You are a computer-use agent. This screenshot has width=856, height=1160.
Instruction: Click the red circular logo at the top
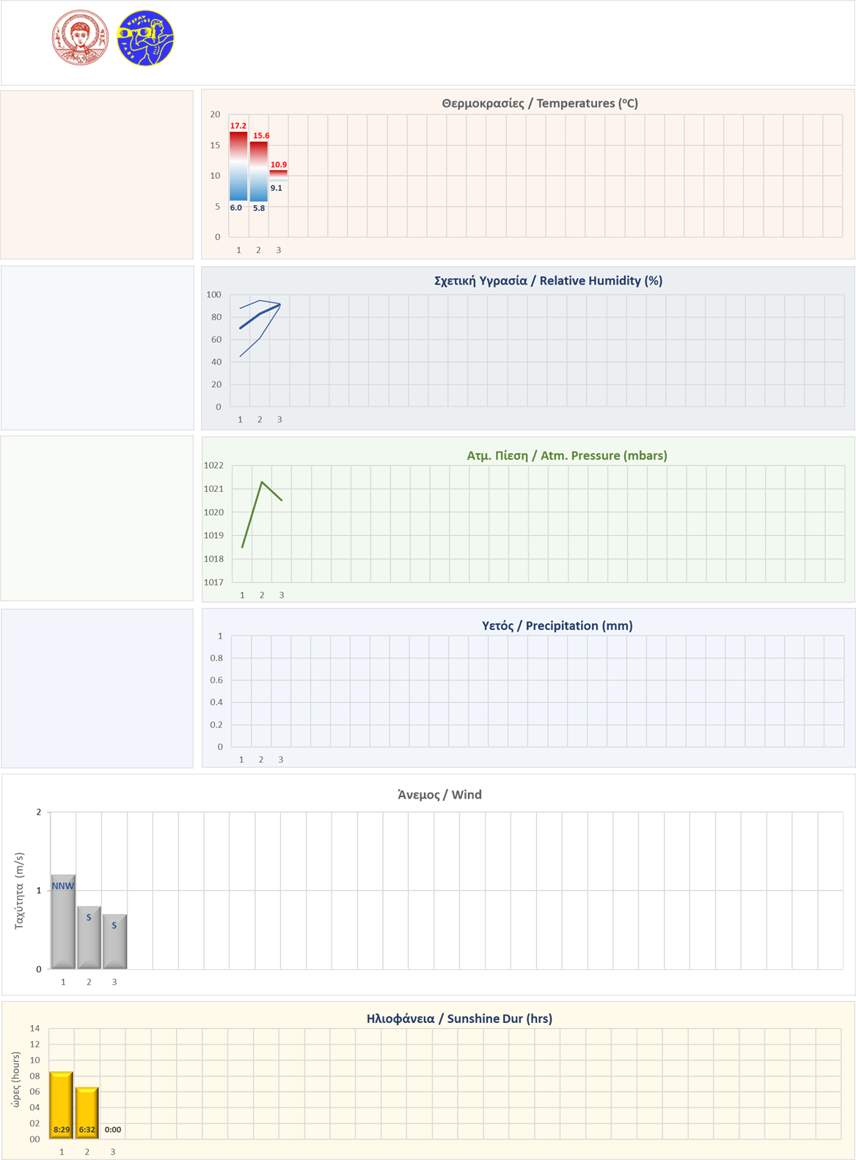(80, 38)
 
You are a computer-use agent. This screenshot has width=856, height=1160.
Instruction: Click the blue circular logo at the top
(145, 38)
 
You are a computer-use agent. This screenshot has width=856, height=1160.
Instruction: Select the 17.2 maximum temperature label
(238, 126)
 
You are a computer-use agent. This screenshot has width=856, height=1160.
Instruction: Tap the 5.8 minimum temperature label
(259, 208)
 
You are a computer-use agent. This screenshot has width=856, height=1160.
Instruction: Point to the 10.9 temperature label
(279, 165)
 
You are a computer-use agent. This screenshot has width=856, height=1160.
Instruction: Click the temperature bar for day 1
(238, 166)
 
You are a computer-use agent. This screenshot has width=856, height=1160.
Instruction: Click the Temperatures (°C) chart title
(540, 103)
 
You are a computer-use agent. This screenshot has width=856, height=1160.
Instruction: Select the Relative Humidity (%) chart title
(548, 281)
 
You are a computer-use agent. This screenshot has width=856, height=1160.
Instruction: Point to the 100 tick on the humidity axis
(213, 295)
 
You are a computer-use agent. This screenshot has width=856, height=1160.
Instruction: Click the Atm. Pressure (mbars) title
(567, 455)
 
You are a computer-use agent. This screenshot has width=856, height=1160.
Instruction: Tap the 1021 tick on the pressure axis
(213, 489)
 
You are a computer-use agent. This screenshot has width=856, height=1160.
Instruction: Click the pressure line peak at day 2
(262, 482)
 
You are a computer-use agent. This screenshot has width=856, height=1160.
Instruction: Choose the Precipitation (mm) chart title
(557, 625)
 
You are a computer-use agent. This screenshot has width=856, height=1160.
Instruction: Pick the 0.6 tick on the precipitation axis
(216, 680)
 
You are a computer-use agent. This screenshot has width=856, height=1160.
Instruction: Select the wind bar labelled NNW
(63, 922)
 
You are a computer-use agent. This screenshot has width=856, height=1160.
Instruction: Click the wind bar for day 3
(114, 941)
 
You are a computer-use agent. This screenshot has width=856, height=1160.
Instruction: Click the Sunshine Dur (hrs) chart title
(459, 1018)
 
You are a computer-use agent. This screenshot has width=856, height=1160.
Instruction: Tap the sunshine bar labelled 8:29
(62, 1105)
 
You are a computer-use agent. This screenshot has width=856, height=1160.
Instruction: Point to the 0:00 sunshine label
(113, 1130)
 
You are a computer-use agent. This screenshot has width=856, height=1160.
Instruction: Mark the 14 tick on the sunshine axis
(34, 1029)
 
